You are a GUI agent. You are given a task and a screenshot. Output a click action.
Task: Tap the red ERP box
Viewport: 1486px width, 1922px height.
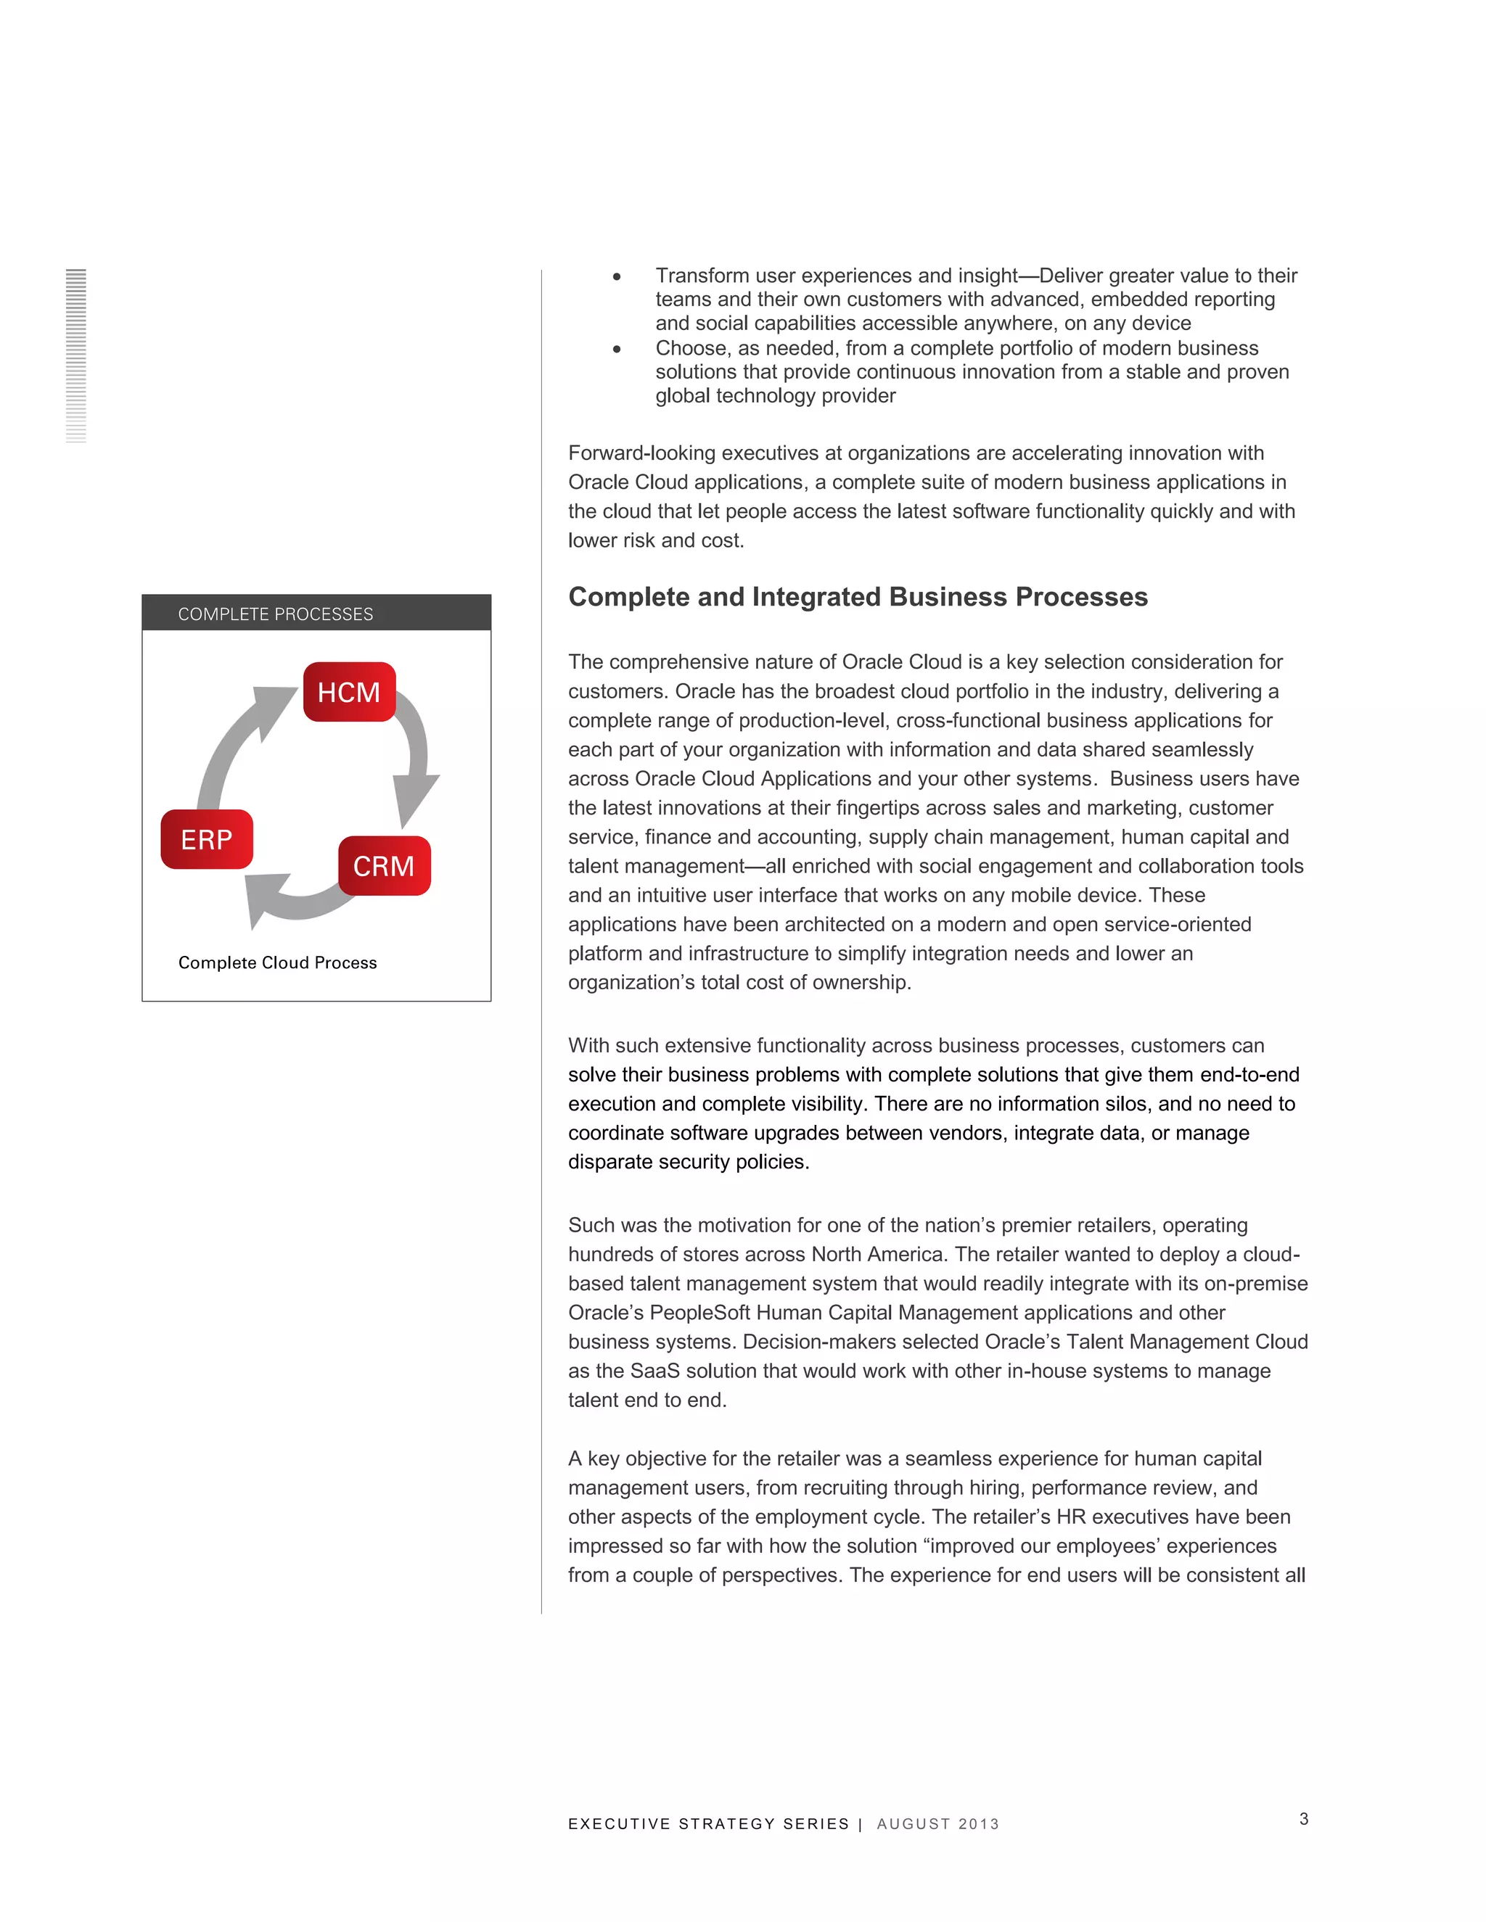pos(207,840)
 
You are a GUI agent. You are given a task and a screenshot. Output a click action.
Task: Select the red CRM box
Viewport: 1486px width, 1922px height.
pos(385,866)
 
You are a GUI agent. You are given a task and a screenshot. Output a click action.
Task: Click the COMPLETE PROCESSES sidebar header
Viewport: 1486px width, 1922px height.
pos(316,614)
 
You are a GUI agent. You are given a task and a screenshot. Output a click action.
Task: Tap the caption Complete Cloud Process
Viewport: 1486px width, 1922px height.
pos(277,962)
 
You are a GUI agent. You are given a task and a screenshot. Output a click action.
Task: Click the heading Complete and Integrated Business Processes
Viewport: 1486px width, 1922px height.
pos(858,597)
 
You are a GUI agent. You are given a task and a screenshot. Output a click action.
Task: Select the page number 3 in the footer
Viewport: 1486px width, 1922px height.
pos(1304,1819)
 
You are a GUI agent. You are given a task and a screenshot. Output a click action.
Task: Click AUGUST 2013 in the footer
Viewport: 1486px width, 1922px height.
pos(937,1824)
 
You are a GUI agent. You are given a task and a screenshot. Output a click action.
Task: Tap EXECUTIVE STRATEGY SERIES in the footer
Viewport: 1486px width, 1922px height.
pos(709,1824)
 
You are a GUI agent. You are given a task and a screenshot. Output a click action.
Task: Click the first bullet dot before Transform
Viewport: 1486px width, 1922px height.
pos(617,277)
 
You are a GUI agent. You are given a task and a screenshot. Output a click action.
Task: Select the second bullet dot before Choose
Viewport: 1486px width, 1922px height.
pos(617,350)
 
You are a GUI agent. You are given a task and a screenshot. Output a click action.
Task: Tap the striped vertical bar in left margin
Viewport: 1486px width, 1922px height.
pos(75,355)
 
